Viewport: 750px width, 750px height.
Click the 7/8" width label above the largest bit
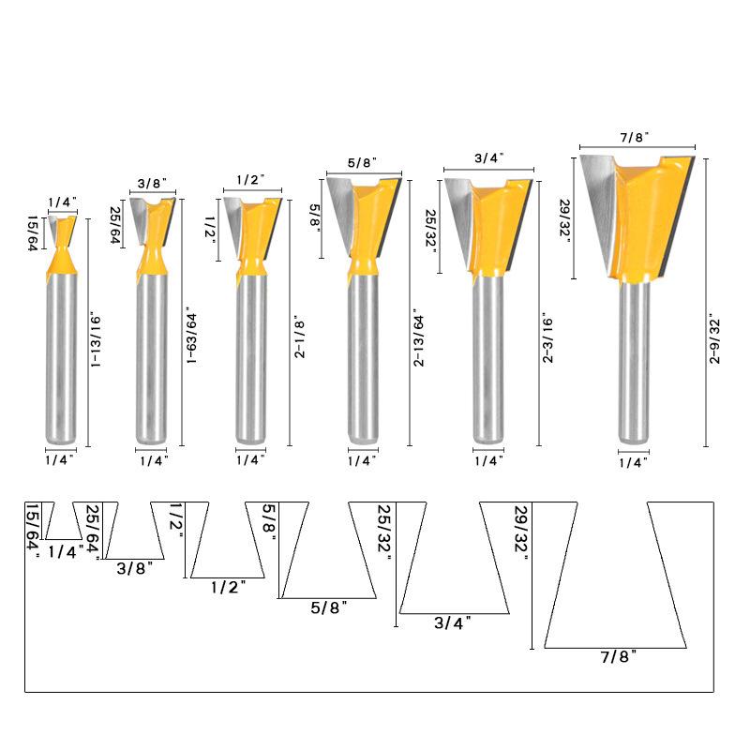635,138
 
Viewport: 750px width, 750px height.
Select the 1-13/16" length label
96,341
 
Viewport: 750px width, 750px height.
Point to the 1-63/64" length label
191,336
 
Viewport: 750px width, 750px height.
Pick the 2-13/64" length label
418,337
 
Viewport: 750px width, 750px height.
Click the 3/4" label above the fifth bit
489,157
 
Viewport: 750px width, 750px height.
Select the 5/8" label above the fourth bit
362,162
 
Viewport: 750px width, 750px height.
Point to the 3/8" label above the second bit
152,183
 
